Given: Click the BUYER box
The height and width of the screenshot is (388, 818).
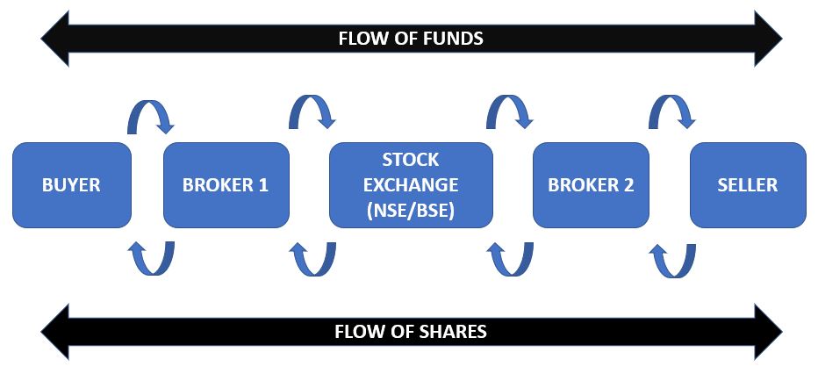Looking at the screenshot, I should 72,185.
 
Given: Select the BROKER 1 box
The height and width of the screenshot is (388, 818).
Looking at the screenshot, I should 226,185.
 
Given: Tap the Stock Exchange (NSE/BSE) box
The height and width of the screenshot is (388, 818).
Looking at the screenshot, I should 410,185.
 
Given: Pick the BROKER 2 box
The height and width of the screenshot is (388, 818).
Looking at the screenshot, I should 591,185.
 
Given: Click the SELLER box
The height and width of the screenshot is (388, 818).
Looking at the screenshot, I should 747,185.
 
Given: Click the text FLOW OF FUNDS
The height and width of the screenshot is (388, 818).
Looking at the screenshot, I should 411,39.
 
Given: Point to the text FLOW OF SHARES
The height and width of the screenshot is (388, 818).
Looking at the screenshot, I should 411,332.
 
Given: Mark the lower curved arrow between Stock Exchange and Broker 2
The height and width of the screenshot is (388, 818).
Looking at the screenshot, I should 510,258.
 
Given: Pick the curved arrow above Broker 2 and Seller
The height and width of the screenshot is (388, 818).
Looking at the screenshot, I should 671,112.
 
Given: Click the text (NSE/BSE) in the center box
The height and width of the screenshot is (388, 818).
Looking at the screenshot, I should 410,211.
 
